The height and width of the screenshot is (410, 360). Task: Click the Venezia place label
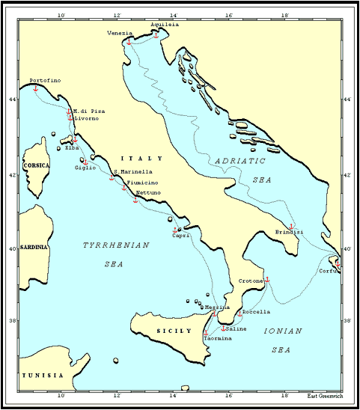[120, 33]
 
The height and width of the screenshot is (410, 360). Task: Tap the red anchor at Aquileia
[156, 34]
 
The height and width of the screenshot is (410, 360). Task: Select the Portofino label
[45, 80]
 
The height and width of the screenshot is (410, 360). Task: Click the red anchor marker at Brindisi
[291, 227]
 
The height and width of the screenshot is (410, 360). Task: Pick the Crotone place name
[251, 281]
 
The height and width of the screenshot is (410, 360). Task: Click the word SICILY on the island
[169, 330]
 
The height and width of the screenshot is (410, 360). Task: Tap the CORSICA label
[36, 165]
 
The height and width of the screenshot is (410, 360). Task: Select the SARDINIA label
[33, 247]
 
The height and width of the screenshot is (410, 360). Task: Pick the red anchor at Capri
[175, 230]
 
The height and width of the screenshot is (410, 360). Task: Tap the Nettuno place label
[148, 193]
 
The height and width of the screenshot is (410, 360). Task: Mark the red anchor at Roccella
[240, 313]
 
